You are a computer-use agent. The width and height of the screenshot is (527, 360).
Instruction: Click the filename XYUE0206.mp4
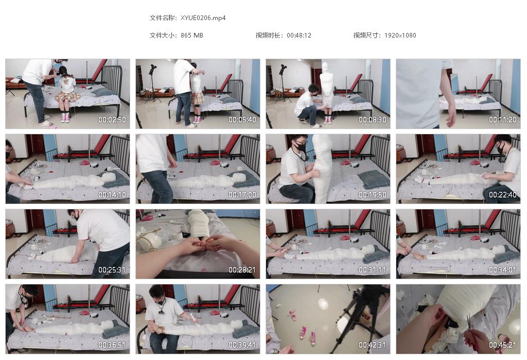coord(203,17)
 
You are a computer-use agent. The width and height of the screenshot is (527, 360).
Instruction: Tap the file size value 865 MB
coord(192,35)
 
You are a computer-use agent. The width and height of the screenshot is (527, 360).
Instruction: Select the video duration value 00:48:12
coord(299,35)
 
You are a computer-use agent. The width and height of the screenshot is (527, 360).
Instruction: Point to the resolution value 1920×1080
coord(400,35)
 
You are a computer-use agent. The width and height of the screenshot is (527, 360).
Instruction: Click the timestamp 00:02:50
coord(112,120)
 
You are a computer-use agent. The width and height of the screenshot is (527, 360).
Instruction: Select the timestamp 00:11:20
coord(502,120)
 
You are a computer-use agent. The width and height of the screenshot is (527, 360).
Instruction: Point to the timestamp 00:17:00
coord(242,195)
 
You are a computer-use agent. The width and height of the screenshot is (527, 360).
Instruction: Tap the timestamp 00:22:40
coord(502,195)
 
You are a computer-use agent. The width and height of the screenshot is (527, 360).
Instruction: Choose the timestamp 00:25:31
coord(112,269)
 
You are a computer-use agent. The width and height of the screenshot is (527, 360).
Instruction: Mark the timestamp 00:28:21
coord(242,269)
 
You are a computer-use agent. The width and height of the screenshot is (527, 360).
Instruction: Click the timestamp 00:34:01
coord(502,269)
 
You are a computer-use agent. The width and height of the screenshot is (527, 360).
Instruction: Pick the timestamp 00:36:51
coord(112,345)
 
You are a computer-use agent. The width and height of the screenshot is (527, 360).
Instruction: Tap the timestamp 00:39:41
coord(242,345)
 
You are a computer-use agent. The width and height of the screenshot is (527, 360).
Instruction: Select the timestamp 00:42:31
coord(372,345)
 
